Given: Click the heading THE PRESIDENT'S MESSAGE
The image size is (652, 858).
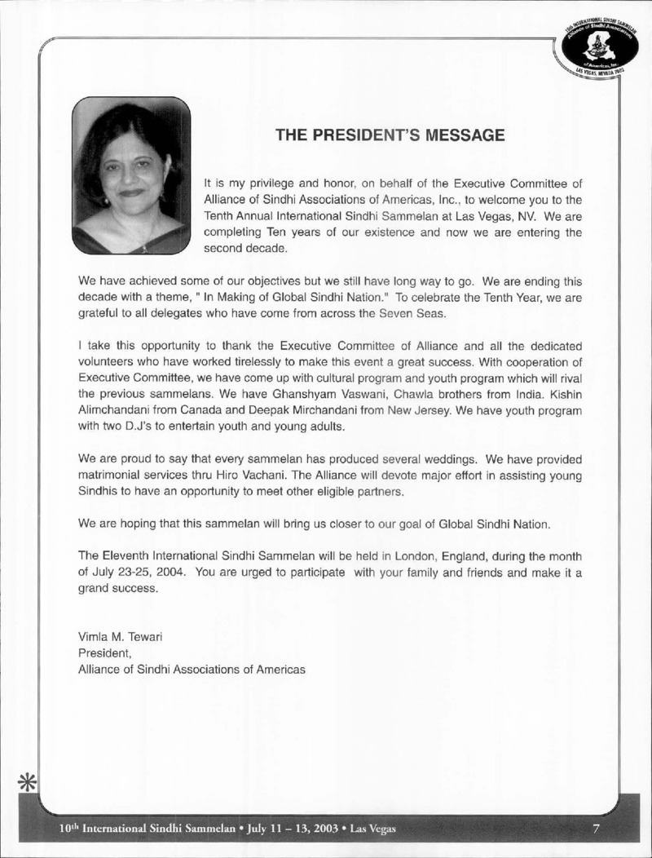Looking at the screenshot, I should (390, 135).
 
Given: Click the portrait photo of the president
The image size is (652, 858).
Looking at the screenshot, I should (131, 175).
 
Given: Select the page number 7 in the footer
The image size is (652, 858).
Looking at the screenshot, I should (596, 829).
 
